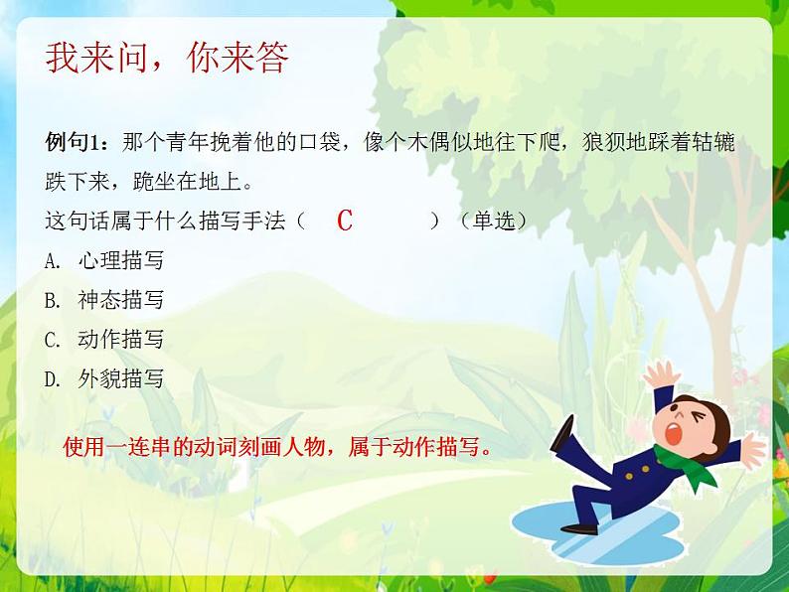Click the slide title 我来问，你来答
click(x=167, y=59)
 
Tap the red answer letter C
click(x=345, y=221)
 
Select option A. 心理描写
click(x=104, y=260)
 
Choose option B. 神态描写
click(x=104, y=300)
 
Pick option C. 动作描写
click(x=104, y=340)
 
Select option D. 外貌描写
click(x=104, y=379)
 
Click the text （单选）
click(x=494, y=221)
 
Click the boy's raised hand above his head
click(x=660, y=374)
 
